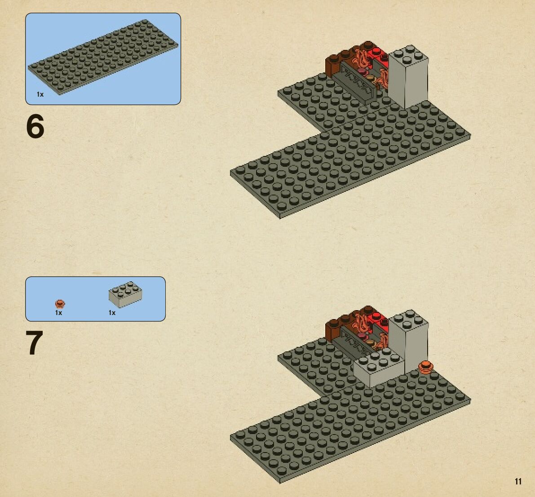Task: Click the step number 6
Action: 35,126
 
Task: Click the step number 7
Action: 35,342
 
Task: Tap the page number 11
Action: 518,481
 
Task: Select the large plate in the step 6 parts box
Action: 103,57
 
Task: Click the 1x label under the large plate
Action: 40,94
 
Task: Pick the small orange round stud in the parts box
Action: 60,303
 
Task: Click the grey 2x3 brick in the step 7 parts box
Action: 125,294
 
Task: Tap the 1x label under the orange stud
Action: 59,313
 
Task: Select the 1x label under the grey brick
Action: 112,313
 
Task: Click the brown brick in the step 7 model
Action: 336,326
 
